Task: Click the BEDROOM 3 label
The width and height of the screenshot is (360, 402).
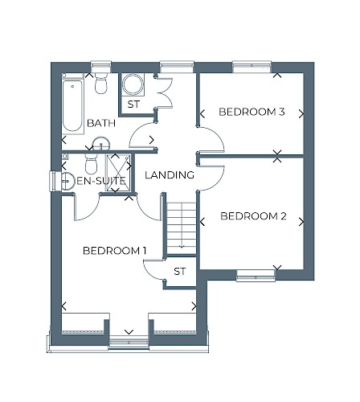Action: [252, 112]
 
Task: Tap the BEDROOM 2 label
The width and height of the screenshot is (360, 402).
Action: [253, 216]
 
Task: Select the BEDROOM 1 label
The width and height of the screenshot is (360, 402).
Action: [115, 251]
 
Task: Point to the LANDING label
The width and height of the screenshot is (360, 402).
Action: [170, 175]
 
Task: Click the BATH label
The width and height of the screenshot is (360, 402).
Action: [101, 123]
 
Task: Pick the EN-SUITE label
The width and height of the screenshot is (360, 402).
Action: [101, 181]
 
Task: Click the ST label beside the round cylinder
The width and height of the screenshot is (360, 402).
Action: [133, 104]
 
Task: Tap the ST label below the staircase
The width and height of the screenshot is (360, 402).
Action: [179, 272]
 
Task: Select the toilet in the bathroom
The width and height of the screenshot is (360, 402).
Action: [100, 83]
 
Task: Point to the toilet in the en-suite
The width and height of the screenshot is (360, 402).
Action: [91, 164]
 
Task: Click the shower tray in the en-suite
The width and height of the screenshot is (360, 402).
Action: [118, 173]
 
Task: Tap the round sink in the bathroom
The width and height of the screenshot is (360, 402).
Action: [101, 144]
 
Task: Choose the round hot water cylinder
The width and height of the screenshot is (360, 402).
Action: [133, 84]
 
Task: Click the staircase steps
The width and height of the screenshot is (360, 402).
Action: [182, 228]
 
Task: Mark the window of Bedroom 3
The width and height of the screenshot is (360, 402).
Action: [252, 67]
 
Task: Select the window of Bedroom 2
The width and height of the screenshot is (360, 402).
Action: [256, 276]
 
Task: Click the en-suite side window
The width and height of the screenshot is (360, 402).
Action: [53, 182]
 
